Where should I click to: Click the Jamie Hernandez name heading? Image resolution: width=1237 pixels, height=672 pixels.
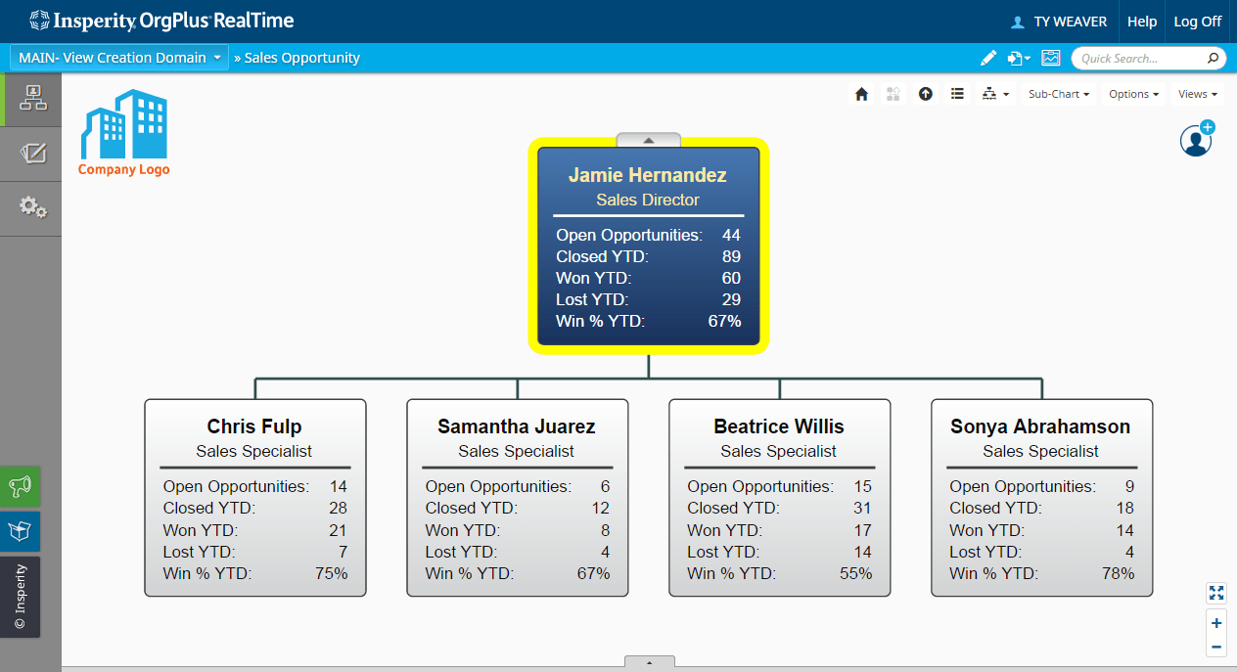pyautogui.click(x=648, y=175)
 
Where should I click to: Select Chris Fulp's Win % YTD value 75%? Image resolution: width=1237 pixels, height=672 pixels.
pyautogui.click(x=331, y=573)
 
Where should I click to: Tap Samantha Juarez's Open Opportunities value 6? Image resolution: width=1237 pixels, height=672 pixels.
pyautogui.click(x=605, y=486)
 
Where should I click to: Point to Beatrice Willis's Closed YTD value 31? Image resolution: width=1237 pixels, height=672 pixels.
pyautogui.click(x=861, y=508)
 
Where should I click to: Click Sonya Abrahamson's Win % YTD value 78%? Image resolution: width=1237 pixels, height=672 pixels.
pyautogui.click(x=1118, y=573)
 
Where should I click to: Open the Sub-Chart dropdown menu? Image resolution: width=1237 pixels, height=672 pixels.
pyautogui.click(x=1058, y=94)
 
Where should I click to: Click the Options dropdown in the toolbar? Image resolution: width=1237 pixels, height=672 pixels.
pyautogui.click(x=1133, y=94)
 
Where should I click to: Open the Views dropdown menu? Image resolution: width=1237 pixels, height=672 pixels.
pyautogui.click(x=1197, y=94)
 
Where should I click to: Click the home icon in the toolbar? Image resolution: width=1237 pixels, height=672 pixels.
pyautogui.click(x=861, y=94)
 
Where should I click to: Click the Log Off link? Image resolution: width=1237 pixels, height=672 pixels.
pyautogui.click(x=1197, y=22)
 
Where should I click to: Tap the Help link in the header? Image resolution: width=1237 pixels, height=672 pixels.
pyautogui.click(x=1141, y=22)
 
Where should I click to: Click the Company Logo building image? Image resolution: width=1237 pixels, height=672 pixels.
pyautogui.click(x=124, y=125)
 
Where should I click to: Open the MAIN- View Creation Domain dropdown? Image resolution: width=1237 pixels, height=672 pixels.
pyautogui.click(x=118, y=58)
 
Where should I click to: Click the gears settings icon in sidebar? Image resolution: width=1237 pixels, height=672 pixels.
pyautogui.click(x=32, y=207)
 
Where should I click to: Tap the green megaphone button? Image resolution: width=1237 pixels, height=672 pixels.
pyautogui.click(x=21, y=486)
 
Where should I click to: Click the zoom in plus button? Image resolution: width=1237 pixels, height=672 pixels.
pyautogui.click(x=1216, y=623)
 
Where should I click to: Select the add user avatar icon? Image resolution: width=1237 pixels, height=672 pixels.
pyautogui.click(x=1196, y=140)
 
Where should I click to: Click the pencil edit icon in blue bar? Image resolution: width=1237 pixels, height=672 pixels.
pyautogui.click(x=988, y=58)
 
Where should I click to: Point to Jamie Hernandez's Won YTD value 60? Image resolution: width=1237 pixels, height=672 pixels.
pyautogui.click(x=731, y=278)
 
